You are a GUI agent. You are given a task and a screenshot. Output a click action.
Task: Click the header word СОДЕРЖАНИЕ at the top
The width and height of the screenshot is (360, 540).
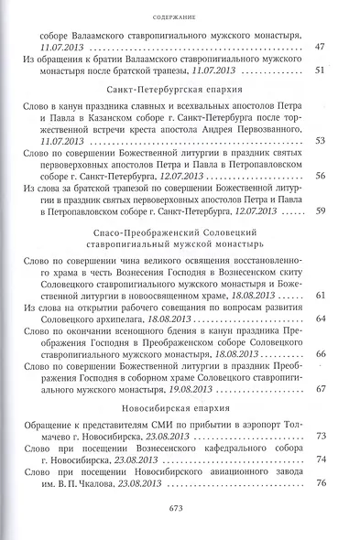(179, 16)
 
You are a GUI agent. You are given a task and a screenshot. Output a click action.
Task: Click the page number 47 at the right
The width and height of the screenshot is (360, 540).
(320, 46)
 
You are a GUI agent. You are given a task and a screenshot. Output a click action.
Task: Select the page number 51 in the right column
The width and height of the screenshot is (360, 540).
(320, 70)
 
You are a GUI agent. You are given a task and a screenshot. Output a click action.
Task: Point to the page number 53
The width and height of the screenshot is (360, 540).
(320, 141)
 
